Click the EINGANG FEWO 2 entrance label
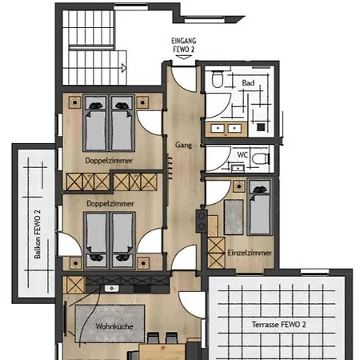(x=184, y=45)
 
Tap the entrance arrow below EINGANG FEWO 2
(x=184, y=57)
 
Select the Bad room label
(x=248, y=83)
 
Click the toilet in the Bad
(x=218, y=78)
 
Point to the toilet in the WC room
(x=261, y=159)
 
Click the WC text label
(x=242, y=154)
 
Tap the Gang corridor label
(x=183, y=145)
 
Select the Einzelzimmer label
(x=250, y=253)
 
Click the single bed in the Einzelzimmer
(x=260, y=207)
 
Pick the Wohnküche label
(x=114, y=326)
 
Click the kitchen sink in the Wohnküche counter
(x=112, y=288)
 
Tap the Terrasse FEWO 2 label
(x=278, y=325)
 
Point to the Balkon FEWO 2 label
(x=38, y=234)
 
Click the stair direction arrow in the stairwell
(x=124, y=68)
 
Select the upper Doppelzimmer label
(x=109, y=161)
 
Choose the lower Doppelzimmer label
(x=110, y=204)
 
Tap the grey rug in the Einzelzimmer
(x=234, y=217)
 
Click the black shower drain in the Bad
(x=261, y=127)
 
